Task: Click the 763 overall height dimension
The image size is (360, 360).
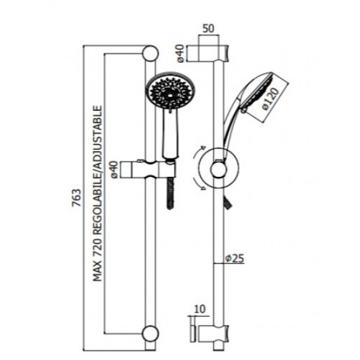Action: (x=77, y=198)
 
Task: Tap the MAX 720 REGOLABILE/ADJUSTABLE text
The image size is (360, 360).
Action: (x=97, y=193)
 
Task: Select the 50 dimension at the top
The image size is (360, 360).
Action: (x=208, y=28)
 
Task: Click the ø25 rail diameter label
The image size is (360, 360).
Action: (x=234, y=259)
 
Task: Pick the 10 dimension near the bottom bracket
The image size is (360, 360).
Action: (x=200, y=309)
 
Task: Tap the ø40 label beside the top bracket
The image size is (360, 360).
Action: (x=181, y=54)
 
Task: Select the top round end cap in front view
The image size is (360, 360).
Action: (x=150, y=53)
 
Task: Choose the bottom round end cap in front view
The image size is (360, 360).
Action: (x=150, y=333)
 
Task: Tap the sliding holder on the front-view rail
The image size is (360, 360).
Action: (x=148, y=170)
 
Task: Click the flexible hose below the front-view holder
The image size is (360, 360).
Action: (x=170, y=194)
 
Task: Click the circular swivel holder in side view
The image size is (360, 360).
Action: (x=218, y=167)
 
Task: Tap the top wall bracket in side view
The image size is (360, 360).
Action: (x=208, y=53)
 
